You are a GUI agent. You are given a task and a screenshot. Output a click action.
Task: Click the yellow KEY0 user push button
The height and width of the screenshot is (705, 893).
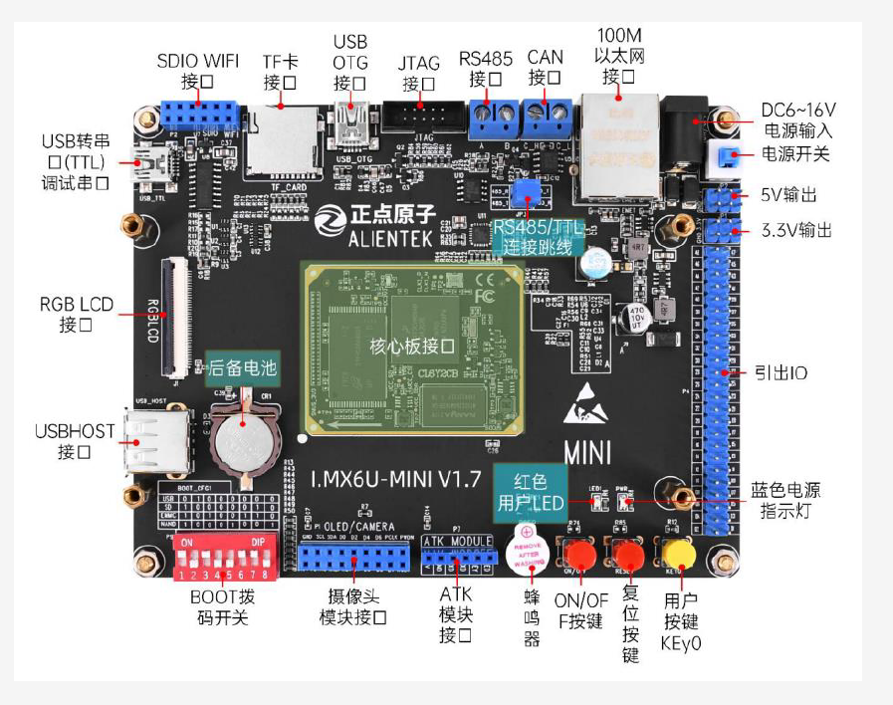(x=679, y=553)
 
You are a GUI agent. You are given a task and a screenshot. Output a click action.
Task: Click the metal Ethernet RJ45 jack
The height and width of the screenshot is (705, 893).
(x=617, y=144)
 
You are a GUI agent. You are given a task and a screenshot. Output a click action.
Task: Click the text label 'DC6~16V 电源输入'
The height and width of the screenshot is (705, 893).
(x=796, y=118)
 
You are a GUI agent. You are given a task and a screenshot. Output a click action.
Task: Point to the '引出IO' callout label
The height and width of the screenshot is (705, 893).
(x=780, y=373)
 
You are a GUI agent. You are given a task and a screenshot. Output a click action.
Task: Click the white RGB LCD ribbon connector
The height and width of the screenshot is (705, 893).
(x=178, y=319)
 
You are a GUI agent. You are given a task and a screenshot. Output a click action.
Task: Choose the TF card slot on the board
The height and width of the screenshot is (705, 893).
(x=282, y=142)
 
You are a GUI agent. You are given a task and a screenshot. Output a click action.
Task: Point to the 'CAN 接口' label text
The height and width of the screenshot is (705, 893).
(x=546, y=67)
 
